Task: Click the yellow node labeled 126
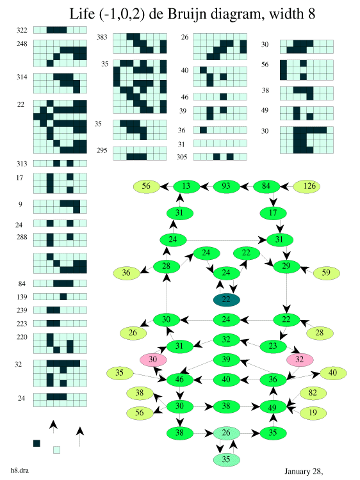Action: [307, 186]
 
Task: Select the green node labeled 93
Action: [226, 186]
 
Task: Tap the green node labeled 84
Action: [266, 186]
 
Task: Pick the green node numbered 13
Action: [186, 186]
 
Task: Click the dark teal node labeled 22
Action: [226, 300]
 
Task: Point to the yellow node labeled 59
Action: [326, 273]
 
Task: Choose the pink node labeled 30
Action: [153, 360]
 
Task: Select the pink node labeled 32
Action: [300, 360]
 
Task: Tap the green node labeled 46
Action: [180, 380]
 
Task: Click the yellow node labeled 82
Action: [313, 393]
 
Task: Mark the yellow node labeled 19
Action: [313, 413]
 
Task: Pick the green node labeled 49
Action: [273, 407]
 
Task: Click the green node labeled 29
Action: [286, 266]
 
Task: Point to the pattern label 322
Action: [22, 30]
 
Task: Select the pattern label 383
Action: [102, 37]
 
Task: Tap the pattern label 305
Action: [182, 157]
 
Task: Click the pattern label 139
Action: [22, 297]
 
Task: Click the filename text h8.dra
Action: [20, 470]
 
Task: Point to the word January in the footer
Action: [297, 472]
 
